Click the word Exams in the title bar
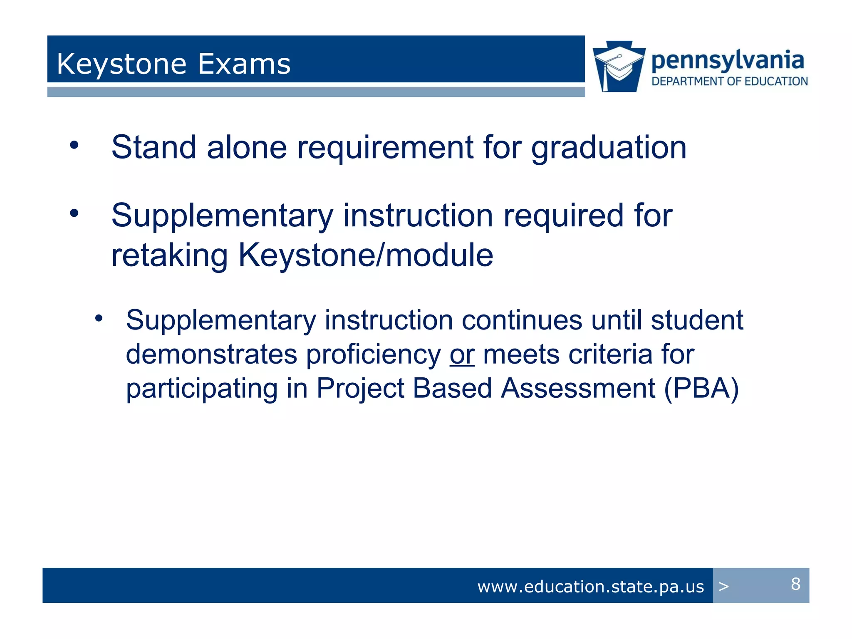(x=244, y=64)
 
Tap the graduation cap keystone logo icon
(x=619, y=67)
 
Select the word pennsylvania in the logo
(x=728, y=60)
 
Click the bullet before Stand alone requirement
(x=74, y=145)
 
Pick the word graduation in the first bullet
(x=609, y=148)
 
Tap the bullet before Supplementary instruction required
(x=74, y=213)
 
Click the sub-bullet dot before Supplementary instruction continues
(x=99, y=319)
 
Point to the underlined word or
(x=462, y=355)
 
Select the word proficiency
(x=373, y=355)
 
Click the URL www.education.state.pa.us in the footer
(x=590, y=587)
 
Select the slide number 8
(x=795, y=584)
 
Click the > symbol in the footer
(x=724, y=587)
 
